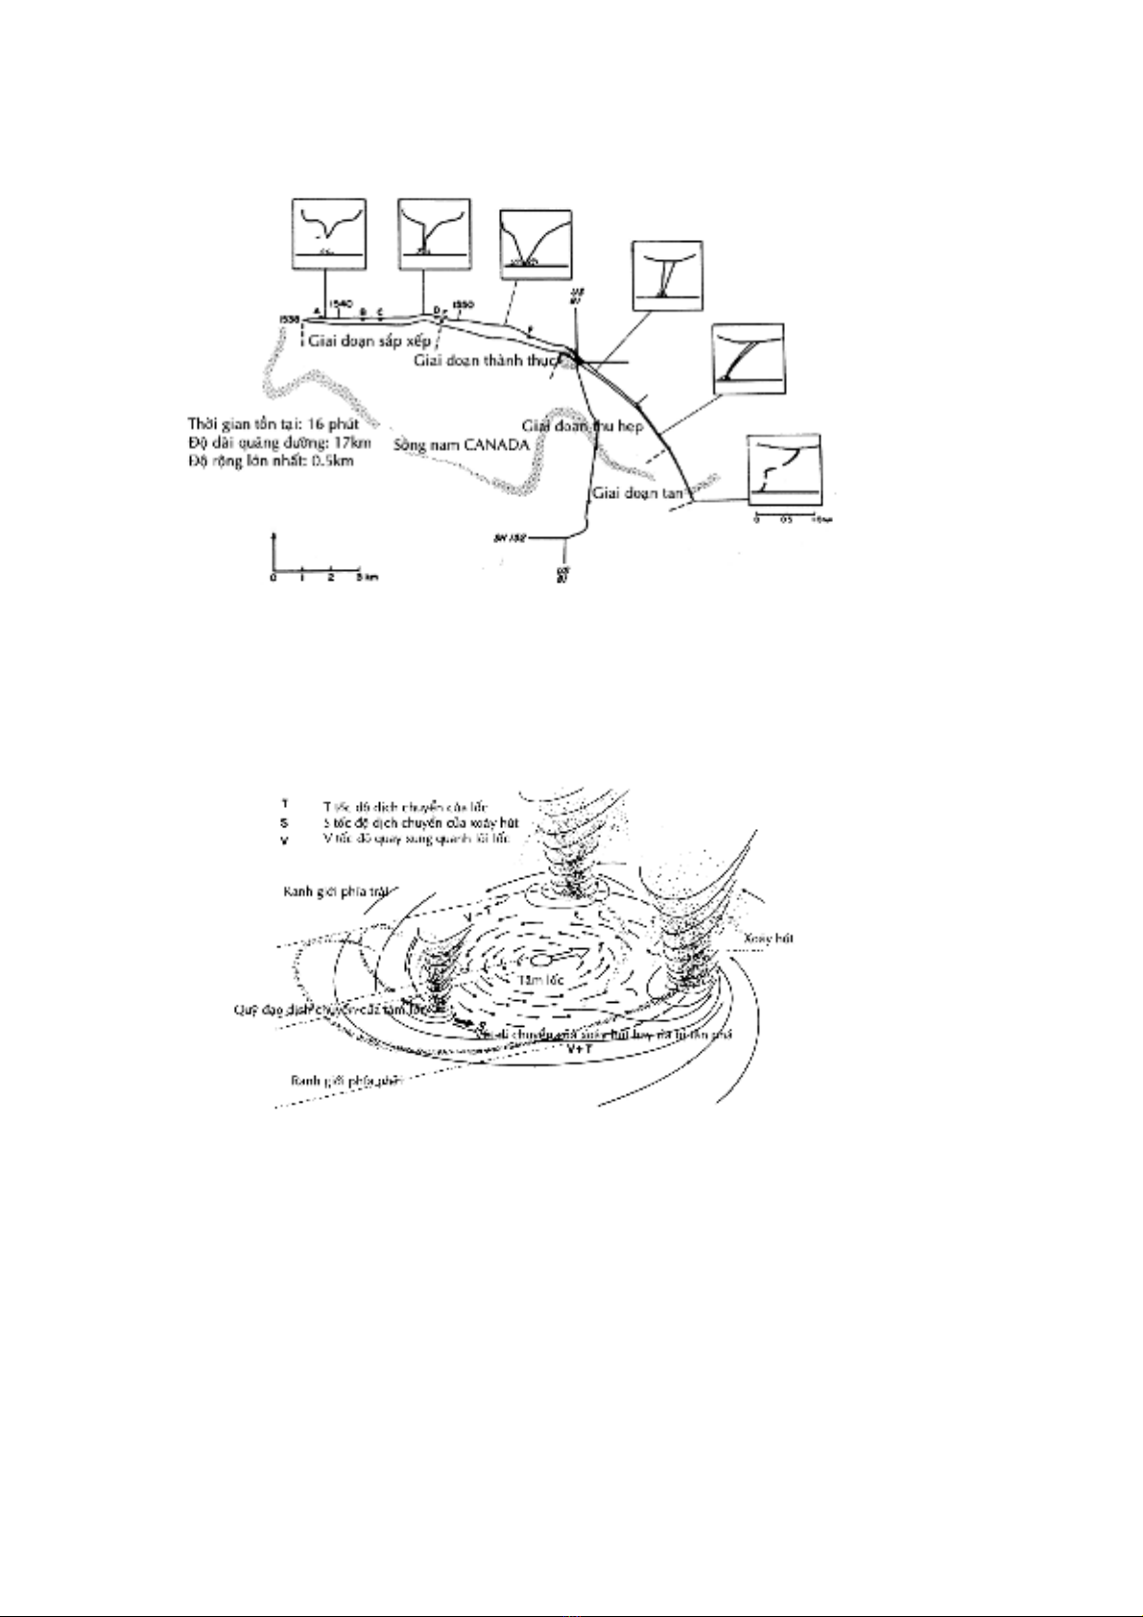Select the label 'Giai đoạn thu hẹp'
point(582,424)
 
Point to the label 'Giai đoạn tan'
point(636,493)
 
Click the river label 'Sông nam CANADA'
point(462,444)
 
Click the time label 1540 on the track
point(339,303)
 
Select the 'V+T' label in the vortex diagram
point(580,1049)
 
